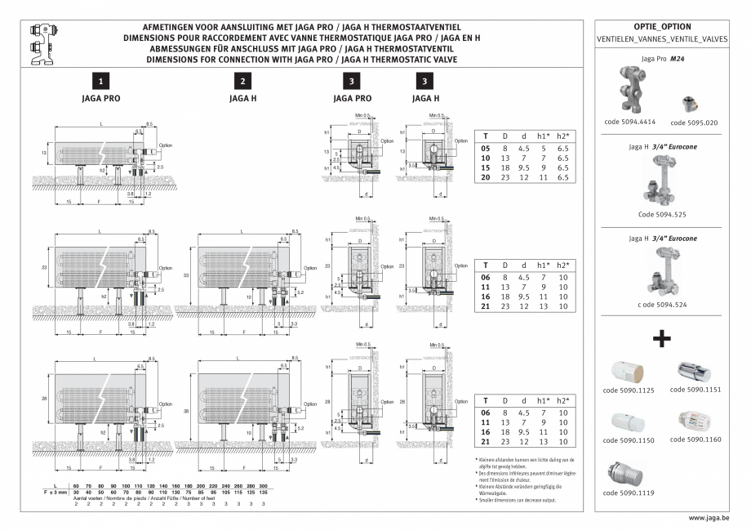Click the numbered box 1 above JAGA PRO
[x=100, y=81]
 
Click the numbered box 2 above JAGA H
[x=243, y=81]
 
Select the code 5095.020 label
[x=694, y=122]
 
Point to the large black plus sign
[x=662, y=337]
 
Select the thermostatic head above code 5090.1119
[x=628, y=473]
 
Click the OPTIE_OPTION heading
[x=662, y=26]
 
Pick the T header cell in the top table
[x=486, y=136]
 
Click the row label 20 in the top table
[x=486, y=176]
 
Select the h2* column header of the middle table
[x=562, y=265]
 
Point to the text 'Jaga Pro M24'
[x=663, y=59]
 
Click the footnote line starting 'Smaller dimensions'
[x=515, y=500]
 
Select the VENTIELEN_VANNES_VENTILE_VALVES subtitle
[x=662, y=39]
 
